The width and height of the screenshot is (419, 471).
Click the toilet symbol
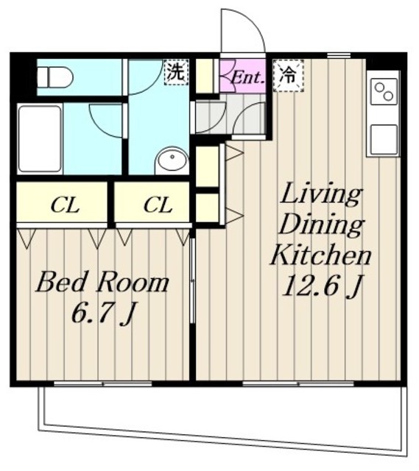(x=54, y=77)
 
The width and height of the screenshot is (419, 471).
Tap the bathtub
(x=40, y=138)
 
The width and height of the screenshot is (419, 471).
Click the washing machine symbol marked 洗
(x=176, y=72)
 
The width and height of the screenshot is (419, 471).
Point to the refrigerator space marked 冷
(x=288, y=75)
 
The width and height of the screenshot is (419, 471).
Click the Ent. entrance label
(x=248, y=78)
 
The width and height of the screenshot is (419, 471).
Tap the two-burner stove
(x=384, y=91)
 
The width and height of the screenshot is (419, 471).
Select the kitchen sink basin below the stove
(x=384, y=139)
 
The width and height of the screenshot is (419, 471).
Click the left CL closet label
(x=65, y=205)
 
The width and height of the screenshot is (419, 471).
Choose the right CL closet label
(x=158, y=205)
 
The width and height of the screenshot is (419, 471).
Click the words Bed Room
(x=102, y=283)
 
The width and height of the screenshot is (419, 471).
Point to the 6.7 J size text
(x=102, y=314)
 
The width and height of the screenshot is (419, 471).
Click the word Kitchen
(x=321, y=255)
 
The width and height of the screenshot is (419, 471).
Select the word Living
(x=321, y=195)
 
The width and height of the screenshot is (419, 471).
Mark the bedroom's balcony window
(x=103, y=383)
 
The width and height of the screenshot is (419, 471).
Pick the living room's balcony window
(x=298, y=383)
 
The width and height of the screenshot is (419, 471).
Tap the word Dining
(x=321, y=224)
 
